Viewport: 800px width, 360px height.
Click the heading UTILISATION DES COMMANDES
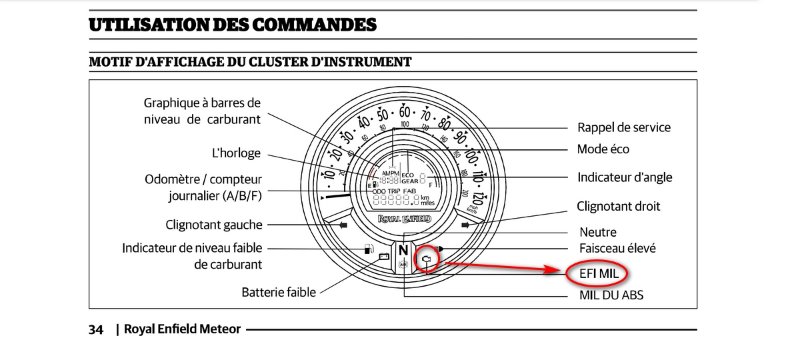click(232, 23)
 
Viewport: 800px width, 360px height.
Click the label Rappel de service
click(624, 127)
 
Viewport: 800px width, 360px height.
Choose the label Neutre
click(599, 231)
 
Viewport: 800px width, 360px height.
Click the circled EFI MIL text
click(598, 271)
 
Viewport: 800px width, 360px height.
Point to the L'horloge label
click(238, 153)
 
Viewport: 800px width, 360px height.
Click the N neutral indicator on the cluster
click(403, 251)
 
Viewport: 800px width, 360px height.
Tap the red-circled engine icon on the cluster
click(426, 257)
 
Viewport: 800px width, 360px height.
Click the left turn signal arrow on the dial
click(342, 227)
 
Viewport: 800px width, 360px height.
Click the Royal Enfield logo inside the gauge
click(403, 216)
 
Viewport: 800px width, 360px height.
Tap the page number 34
click(96, 329)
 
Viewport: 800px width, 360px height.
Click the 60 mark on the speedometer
click(404, 113)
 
